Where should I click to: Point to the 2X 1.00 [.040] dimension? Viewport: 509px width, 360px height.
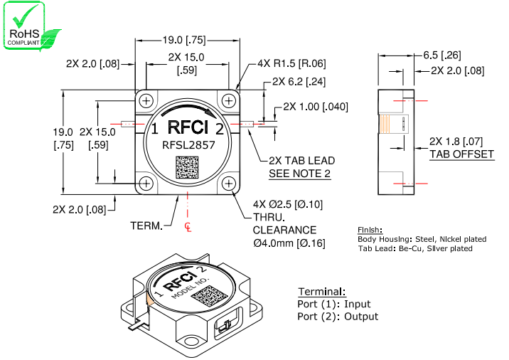[316, 107]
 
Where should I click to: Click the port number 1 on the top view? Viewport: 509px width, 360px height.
[154, 129]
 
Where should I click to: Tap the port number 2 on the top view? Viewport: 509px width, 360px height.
[220, 129]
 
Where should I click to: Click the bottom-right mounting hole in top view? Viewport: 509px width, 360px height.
[228, 184]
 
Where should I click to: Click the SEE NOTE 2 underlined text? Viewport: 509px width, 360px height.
[299, 174]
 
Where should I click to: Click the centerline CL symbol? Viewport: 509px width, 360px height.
[188, 227]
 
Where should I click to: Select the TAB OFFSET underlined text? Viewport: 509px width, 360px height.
[461, 154]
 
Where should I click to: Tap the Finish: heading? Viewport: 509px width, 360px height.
[370, 231]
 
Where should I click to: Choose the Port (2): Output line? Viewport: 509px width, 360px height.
[338, 316]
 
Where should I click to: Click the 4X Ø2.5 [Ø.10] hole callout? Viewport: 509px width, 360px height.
[288, 205]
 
